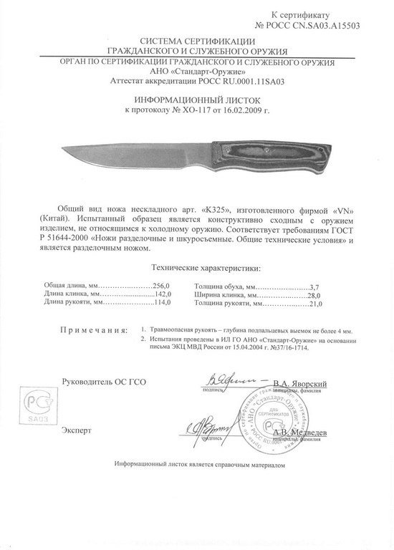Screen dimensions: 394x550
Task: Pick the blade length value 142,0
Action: [x=164, y=294]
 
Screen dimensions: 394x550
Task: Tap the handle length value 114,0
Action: [x=164, y=302]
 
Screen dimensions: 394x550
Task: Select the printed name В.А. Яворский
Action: [x=304, y=384]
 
